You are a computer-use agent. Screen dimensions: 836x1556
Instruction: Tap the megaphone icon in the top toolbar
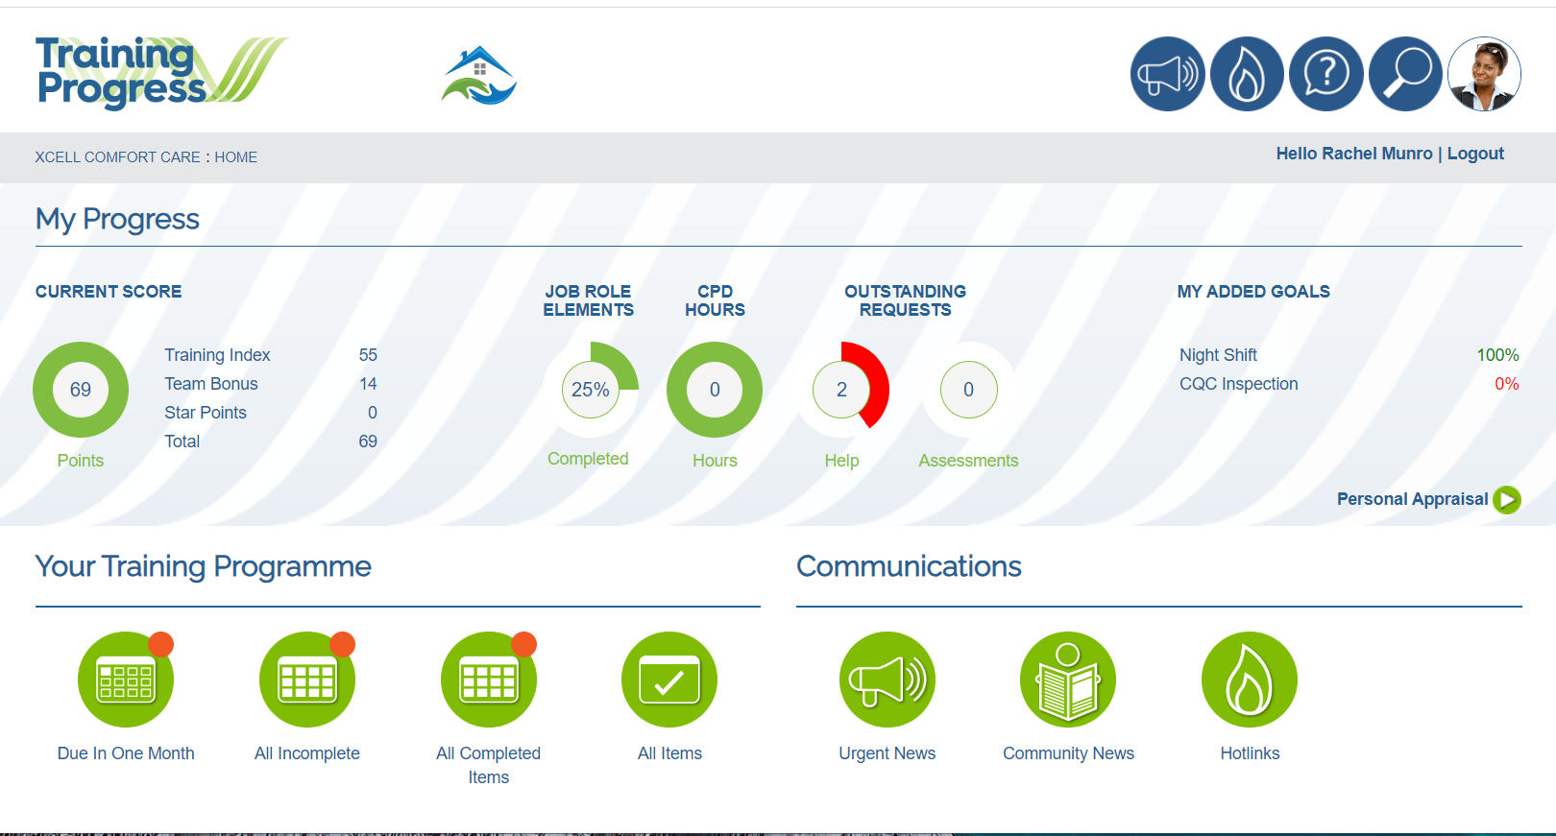click(1167, 74)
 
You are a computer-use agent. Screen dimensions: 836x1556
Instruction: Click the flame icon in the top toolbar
click(1247, 74)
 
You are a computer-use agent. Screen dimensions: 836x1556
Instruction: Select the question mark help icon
click(1325, 74)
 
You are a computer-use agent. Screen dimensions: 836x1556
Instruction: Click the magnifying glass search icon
click(1405, 74)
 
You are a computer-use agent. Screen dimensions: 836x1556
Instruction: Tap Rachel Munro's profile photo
click(1484, 74)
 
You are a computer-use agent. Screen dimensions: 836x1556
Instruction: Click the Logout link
click(1475, 154)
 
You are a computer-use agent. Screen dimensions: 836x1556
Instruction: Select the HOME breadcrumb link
click(235, 157)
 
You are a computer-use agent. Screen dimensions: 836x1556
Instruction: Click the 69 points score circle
click(81, 390)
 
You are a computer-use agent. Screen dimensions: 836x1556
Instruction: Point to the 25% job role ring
click(591, 390)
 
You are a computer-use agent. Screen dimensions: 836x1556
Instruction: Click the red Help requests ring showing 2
click(842, 390)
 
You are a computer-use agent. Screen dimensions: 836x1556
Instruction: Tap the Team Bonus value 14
click(368, 384)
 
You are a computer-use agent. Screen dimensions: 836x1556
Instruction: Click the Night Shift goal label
click(1218, 355)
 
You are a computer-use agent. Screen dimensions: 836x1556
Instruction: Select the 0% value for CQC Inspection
click(1506, 384)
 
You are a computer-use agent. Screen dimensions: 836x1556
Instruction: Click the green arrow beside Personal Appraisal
click(1507, 499)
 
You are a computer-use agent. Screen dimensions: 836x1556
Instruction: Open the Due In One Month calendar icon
click(126, 680)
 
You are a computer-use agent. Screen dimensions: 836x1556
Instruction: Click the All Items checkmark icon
click(669, 680)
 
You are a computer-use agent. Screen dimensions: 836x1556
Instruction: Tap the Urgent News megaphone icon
click(887, 680)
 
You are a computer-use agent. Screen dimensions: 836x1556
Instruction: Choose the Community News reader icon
click(1068, 680)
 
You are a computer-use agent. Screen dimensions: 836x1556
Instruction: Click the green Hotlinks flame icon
click(1250, 680)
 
